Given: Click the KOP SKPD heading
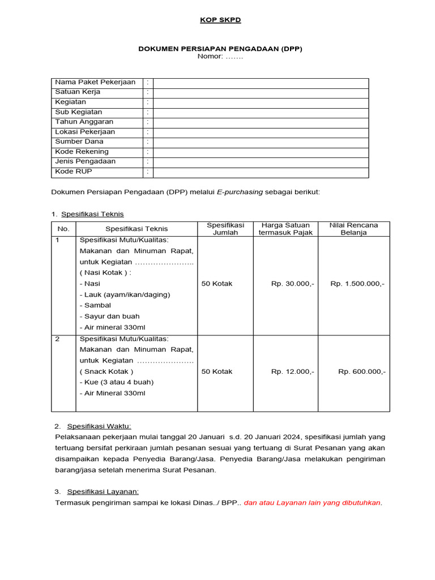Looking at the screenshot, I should [220, 20].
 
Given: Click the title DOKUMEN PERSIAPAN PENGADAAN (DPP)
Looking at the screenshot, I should [220, 49].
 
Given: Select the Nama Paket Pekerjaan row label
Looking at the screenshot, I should [95, 83].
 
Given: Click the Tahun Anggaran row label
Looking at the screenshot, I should [84, 122].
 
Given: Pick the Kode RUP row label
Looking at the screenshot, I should [73, 172].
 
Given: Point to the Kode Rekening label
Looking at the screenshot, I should [82, 152].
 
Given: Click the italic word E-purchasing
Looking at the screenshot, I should [240, 192].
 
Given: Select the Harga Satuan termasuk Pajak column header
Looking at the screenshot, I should [285, 229].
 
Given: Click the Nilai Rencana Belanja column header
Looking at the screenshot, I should [353, 229].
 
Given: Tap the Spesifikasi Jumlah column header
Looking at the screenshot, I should [225, 229].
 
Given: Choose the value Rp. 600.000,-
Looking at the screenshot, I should [362, 372].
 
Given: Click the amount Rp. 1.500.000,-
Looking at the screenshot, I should [357, 284].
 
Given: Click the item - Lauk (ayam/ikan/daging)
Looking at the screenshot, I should [125, 295].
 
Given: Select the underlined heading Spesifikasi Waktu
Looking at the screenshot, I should [99, 426].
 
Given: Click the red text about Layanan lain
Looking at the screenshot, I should [313, 502].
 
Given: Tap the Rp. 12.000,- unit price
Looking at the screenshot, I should [292, 372].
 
